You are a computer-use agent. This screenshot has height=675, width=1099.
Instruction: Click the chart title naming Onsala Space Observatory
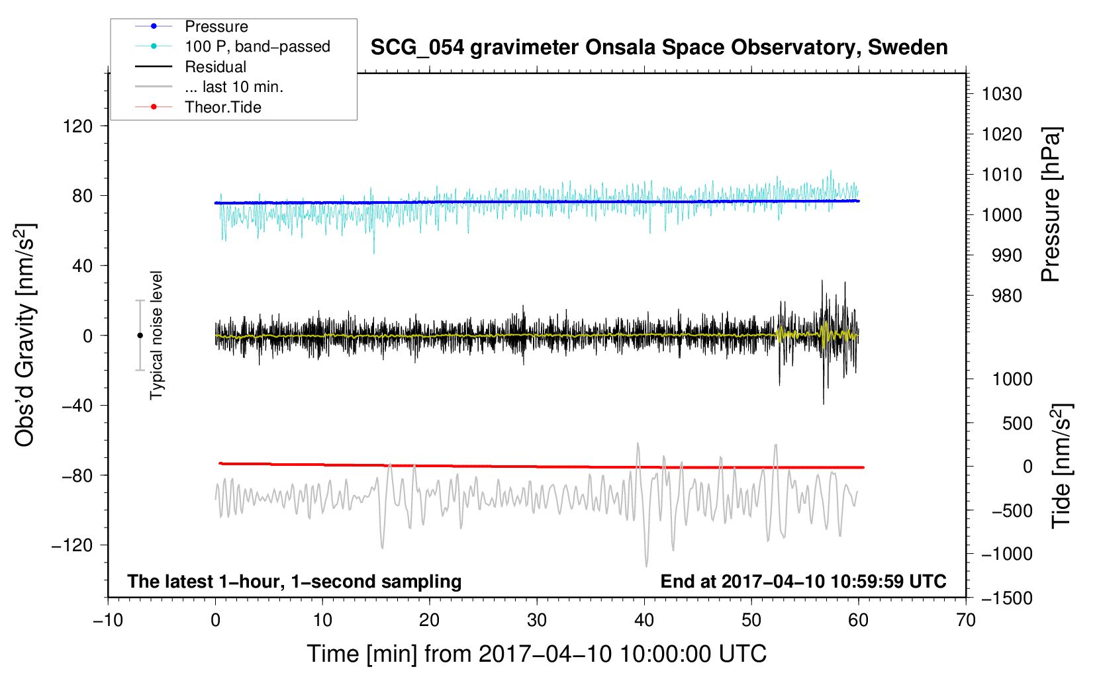(659, 48)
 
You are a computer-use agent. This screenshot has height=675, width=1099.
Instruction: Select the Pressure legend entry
(216, 26)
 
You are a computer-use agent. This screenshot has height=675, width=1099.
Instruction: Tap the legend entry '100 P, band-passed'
(257, 46)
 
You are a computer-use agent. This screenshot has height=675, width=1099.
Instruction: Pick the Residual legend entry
(215, 67)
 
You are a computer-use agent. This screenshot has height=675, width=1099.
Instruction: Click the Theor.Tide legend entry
(222, 107)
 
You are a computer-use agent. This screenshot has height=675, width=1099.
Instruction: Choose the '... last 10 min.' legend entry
(234, 87)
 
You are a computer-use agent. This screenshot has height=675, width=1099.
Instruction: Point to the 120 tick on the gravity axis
(77, 126)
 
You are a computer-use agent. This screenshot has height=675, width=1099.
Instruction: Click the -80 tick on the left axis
(77, 475)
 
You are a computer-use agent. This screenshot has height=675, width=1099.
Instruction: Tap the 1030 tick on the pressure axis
(1001, 94)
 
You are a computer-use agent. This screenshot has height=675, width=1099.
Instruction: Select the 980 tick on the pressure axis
(1006, 296)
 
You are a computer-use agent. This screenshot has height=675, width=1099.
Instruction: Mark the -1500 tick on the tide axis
(1007, 598)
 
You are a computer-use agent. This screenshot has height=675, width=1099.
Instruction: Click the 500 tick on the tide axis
(1017, 423)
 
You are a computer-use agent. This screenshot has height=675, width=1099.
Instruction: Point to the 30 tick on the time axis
(537, 620)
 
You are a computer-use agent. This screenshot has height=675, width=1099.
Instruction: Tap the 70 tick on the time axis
(966, 620)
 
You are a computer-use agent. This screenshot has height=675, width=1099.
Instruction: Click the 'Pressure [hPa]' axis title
(1051, 204)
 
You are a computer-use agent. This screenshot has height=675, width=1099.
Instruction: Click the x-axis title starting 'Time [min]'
(536, 654)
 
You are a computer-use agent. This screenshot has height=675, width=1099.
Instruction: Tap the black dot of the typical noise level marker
(140, 336)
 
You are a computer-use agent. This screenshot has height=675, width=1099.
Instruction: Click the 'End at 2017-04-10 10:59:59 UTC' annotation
(803, 581)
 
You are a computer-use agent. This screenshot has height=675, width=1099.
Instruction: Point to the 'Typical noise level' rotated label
(156, 335)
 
